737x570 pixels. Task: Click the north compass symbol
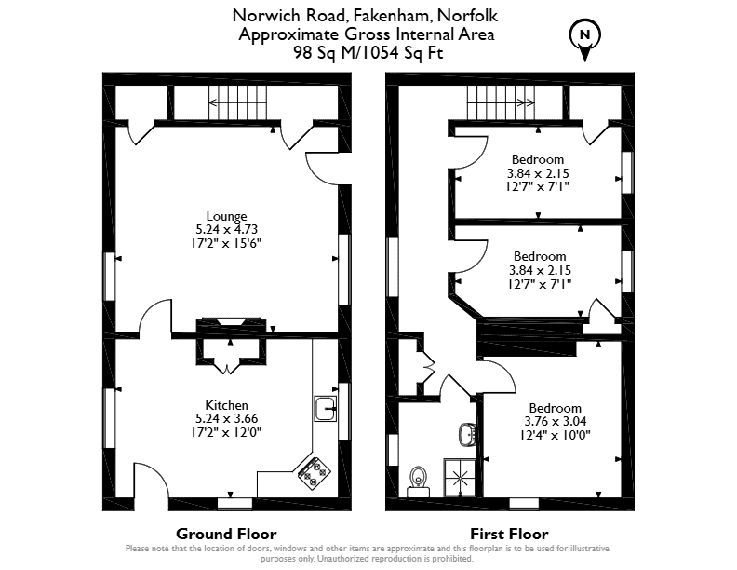585,40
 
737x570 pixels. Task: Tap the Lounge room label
226,216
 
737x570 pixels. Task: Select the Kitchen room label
226,405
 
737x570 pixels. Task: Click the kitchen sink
326,408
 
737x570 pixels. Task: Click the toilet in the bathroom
418,482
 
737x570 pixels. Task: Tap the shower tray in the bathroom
460,478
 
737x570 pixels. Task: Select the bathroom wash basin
469,435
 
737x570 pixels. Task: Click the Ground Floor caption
226,534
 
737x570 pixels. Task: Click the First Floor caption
510,534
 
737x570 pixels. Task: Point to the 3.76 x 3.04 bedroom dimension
556,421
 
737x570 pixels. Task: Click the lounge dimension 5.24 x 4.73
226,229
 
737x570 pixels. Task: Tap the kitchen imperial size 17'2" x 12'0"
226,432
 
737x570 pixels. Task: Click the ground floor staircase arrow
237,102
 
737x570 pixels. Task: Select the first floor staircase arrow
501,102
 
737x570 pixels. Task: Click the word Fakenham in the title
391,16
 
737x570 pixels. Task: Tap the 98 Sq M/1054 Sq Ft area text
368,52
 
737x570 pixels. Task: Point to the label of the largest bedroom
556,408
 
